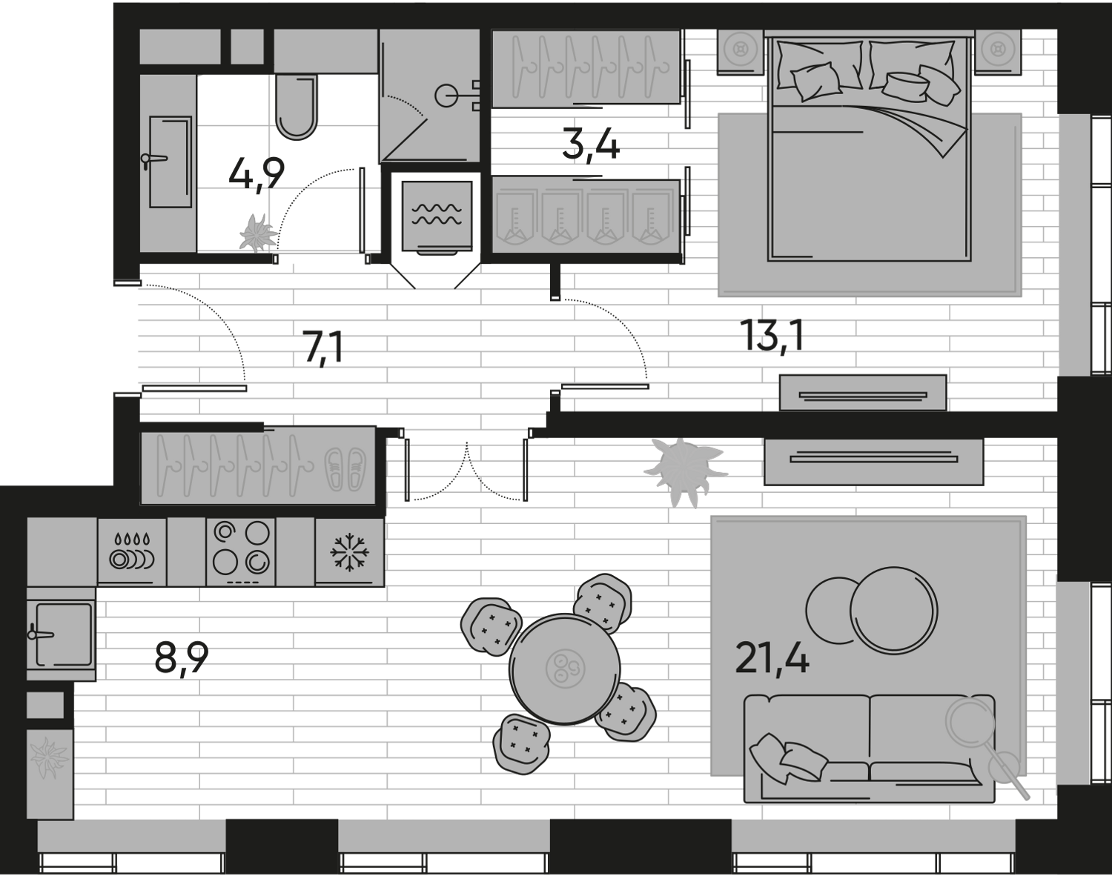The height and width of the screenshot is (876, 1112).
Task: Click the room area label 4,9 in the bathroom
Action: point(257,175)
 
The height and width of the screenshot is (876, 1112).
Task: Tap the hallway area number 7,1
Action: point(324,348)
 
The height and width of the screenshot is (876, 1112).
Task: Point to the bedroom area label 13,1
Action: point(772,336)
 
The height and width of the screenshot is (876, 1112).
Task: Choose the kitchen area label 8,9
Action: point(182,658)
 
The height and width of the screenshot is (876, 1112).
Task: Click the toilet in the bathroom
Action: point(297,107)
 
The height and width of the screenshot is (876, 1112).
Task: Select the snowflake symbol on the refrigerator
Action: point(350,553)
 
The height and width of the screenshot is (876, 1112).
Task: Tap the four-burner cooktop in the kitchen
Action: point(241,552)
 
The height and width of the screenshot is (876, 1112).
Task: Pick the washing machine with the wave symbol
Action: point(437,216)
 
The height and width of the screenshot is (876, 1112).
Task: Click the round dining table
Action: point(565,669)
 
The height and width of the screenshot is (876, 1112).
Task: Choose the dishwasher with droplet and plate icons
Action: point(132,552)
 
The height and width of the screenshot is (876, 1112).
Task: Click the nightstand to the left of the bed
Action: point(741,52)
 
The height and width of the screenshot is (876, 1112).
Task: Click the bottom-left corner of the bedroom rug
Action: point(718,296)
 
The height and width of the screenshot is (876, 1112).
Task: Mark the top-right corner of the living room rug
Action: point(1026,516)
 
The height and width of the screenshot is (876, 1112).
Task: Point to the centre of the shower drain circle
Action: point(446,95)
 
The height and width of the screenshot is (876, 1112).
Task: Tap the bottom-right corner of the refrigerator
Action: point(384,587)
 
